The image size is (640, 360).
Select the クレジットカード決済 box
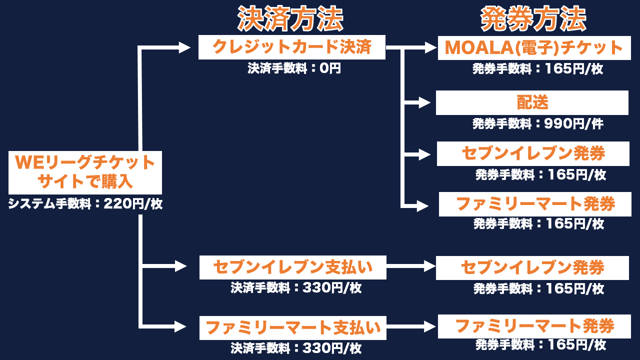pos(292,47)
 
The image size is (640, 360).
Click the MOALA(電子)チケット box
pos(534,48)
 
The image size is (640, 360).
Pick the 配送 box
pos(532,102)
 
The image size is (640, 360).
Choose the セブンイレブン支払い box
pos(293,267)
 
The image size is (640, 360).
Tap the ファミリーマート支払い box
pos(293,328)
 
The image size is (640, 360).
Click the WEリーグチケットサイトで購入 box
pos(85,172)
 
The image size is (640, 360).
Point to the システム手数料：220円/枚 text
pos(85,204)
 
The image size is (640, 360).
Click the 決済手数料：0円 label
pos(294,68)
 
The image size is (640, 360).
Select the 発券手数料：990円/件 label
pos(537,123)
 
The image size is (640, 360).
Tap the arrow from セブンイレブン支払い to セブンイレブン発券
pos(411,267)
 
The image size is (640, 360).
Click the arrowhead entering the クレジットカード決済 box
pos(184,48)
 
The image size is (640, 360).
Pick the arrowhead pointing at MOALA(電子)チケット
pos(430,48)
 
